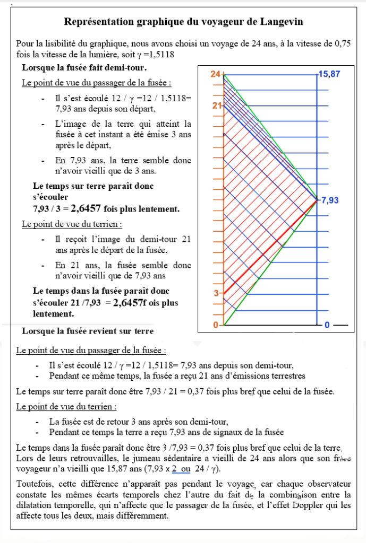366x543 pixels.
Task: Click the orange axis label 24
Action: point(215,74)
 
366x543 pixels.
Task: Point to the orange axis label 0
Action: point(216,325)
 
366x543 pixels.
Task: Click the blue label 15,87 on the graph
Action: point(329,75)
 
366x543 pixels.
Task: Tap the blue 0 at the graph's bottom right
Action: point(327,325)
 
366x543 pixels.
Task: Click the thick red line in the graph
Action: point(266,249)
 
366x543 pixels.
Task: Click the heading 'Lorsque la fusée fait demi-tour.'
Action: point(84,68)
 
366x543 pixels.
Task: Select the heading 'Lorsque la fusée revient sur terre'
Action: point(88,331)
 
